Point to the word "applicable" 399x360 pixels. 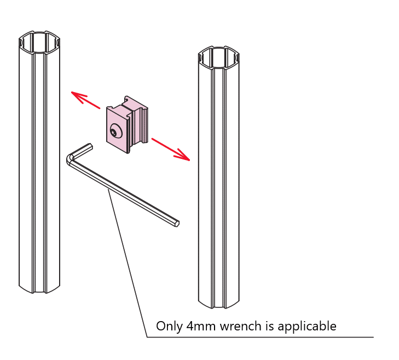coord(307,327)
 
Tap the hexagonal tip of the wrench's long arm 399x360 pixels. coord(176,223)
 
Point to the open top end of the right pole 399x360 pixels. coord(218,56)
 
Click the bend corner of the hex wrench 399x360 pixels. coord(70,159)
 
